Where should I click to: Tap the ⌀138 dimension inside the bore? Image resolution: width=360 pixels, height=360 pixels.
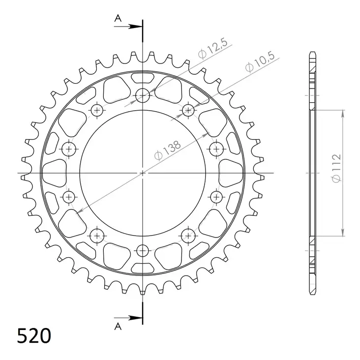point(168,150)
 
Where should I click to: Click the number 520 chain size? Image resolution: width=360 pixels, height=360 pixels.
point(34,336)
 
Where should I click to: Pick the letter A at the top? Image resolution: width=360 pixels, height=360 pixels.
point(118,18)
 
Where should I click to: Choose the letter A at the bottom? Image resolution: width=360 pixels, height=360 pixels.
point(118,326)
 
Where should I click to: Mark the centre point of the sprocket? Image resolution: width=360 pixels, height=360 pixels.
point(143,173)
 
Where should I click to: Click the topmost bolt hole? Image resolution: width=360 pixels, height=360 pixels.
point(143,95)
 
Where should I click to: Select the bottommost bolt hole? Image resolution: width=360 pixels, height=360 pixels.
point(143,250)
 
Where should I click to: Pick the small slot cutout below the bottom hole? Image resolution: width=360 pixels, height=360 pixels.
point(143,268)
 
